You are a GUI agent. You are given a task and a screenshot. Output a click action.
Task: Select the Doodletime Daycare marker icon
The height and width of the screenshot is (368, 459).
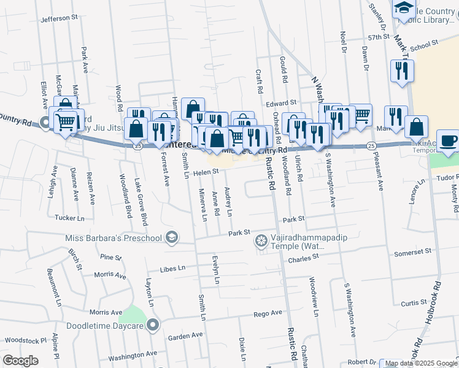coord(153,325)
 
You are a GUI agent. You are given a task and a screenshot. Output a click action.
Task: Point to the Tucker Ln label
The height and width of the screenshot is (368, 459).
coord(69,218)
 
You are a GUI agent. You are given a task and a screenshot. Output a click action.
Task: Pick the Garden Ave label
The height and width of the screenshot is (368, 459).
coord(185,336)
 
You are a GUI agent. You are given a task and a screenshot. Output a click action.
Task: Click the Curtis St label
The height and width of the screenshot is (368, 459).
coord(414,303)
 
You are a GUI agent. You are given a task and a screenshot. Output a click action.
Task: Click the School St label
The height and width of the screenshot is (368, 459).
coord(425,45)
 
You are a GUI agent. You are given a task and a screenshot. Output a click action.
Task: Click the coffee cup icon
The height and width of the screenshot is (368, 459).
coord(449,140)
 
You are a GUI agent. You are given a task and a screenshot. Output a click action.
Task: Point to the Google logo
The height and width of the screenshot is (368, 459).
coord(20,361)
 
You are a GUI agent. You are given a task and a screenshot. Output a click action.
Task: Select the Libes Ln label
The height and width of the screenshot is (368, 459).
coord(172,269)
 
